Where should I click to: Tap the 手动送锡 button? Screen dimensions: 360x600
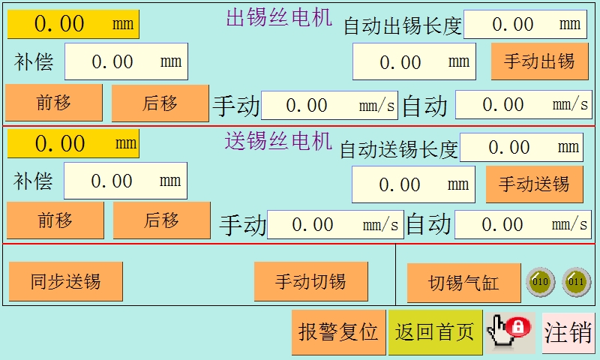(x=534, y=184)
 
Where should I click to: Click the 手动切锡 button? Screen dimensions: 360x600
(x=310, y=282)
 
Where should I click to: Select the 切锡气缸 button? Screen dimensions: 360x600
(x=463, y=283)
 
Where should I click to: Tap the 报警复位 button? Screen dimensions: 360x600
(x=338, y=331)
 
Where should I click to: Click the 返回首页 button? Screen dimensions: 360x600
(x=435, y=331)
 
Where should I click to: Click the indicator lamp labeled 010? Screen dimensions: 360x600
(x=539, y=282)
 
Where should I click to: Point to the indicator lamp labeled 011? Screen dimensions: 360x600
(x=576, y=282)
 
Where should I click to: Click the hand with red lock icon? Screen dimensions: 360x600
(x=509, y=331)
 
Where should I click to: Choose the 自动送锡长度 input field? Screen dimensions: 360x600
(x=520, y=147)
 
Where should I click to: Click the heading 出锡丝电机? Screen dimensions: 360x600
(x=279, y=18)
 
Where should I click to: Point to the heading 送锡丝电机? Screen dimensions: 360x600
(x=278, y=140)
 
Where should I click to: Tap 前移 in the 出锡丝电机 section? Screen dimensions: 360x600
(x=54, y=103)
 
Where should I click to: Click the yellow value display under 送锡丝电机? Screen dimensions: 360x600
(x=73, y=143)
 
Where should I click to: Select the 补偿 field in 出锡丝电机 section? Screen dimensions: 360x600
(x=126, y=61)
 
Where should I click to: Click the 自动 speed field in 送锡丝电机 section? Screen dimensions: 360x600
(x=523, y=224)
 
